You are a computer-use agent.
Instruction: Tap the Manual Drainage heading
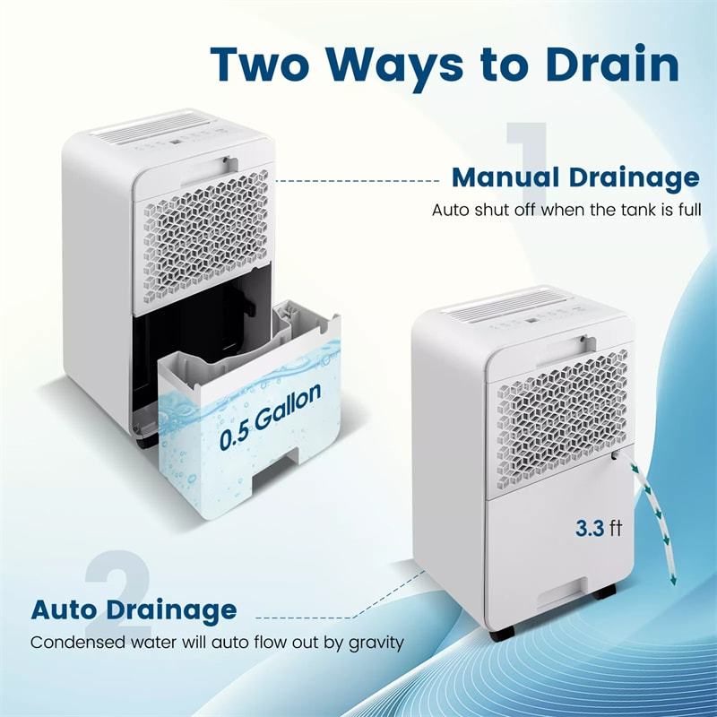575,177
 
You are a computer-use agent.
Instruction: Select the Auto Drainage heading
134,610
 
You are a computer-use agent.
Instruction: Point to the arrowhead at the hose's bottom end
672,579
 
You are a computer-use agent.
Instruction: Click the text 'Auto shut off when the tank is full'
566,211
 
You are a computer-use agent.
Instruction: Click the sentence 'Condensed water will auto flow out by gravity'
217,643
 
